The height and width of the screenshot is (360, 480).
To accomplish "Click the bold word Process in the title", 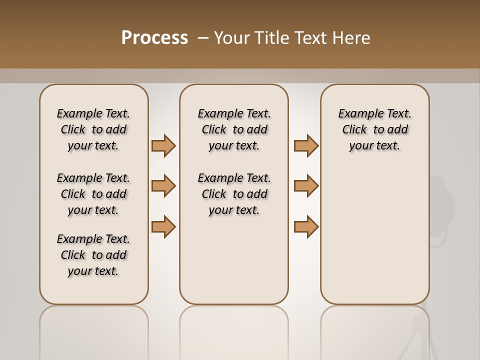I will pyautogui.click(x=154, y=38).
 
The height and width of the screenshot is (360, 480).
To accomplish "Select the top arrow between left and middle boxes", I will pyautogui.click(x=163, y=145).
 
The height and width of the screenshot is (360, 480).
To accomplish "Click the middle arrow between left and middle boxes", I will pyautogui.click(x=163, y=186).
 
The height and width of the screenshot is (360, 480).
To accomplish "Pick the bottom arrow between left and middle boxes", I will pyautogui.click(x=163, y=226).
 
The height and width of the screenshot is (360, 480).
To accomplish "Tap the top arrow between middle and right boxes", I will pyautogui.click(x=306, y=145).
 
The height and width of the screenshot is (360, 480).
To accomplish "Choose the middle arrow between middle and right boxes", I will pyautogui.click(x=306, y=186).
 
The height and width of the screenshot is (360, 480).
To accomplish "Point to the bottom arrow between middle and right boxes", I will pyautogui.click(x=306, y=226).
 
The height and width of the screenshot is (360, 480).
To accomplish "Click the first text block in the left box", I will pyautogui.click(x=93, y=129).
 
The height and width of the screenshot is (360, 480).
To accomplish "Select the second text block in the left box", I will pyautogui.click(x=93, y=194).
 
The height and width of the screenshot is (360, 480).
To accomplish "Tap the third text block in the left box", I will pyautogui.click(x=93, y=255).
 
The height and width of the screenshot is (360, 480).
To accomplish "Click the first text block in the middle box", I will pyautogui.click(x=234, y=129).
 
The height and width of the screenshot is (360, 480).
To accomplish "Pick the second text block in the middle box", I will pyautogui.click(x=234, y=194).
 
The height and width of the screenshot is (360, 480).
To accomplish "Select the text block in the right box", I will pyautogui.click(x=374, y=129).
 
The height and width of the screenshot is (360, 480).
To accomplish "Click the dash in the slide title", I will pyautogui.click(x=203, y=38).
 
